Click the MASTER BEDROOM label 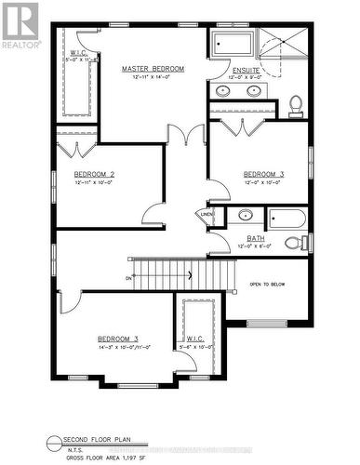coord(153,69)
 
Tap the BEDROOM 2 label coord(94,174)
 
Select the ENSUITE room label coord(247,69)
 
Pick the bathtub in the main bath coord(289,219)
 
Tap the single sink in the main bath coord(245,216)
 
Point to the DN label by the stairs coord(127,277)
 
